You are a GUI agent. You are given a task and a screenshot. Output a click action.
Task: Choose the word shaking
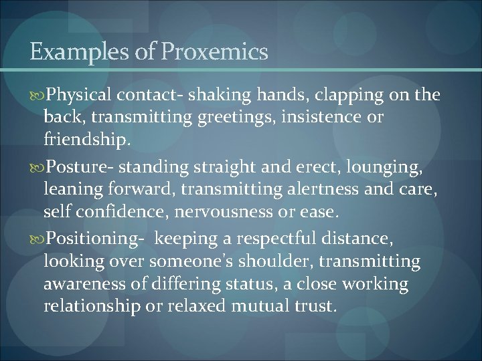point(216,96)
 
